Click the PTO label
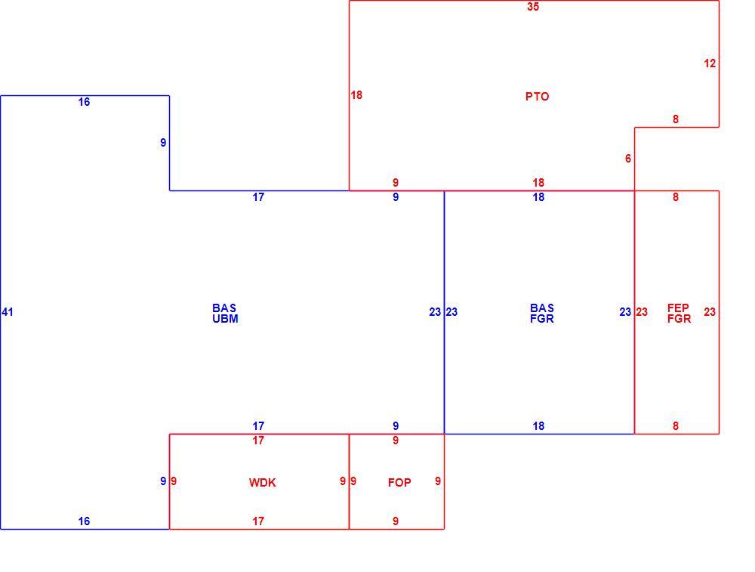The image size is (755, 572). [x=537, y=97]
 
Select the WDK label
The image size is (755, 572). [x=263, y=482]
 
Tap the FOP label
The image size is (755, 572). [x=399, y=482]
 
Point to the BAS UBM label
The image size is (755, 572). [x=225, y=314]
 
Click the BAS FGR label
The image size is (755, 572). [x=542, y=314]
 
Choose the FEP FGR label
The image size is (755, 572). [x=679, y=314]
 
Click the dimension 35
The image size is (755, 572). [x=533, y=7]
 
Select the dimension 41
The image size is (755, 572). [x=8, y=312]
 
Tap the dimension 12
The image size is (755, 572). [x=710, y=63]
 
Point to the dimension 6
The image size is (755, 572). [x=628, y=159]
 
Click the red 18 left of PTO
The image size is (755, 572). [x=356, y=95]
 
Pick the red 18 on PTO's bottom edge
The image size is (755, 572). [x=538, y=183]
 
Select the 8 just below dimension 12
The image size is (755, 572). [x=676, y=119]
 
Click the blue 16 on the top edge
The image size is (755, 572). [x=84, y=102]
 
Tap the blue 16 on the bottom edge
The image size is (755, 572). [x=84, y=521]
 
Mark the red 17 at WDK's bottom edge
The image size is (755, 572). [x=258, y=521]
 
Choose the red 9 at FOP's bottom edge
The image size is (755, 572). [x=396, y=521]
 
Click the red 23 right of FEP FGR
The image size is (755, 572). [x=710, y=312]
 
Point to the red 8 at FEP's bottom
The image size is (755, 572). [x=676, y=426]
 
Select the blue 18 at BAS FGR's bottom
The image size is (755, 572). [x=538, y=426]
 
